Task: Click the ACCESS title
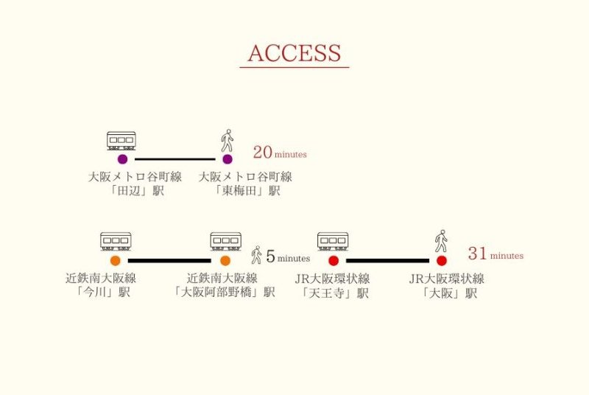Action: tap(294, 53)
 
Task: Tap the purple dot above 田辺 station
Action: tap(122, 159)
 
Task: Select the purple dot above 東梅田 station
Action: tap(228, 159)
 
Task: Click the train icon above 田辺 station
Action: tap(121, 141)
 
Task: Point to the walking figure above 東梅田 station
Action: tap(228, 140)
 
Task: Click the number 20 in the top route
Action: tap(262, 153)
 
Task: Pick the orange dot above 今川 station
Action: tap(116, 261)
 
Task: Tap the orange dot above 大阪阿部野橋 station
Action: tap(225, 261)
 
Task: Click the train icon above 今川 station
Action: tap(116, 242)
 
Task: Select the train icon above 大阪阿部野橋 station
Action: tap(225, 242)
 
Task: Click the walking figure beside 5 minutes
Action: tap(256, 256)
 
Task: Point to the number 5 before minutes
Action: tap(270, 257)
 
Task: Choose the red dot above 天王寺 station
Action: tap(334, 261)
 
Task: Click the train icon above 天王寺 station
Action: tap(333, 242)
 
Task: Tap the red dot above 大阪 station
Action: tap(442, 261)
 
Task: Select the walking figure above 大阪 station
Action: tap(441, 241)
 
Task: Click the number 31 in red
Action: tap(477, 254)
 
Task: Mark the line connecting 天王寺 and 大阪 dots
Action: tap(387, 261)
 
